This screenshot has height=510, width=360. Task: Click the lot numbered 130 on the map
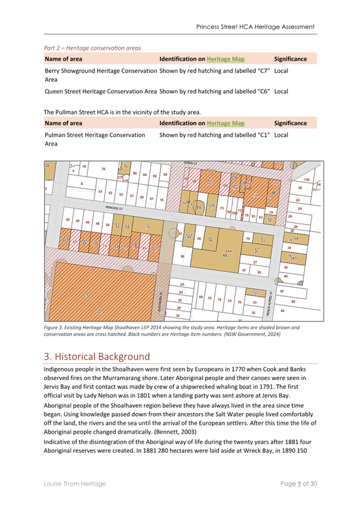pyautogui.click(x=307, y=180)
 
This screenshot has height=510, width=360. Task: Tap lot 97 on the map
pyautogui.click(x=243, y=271)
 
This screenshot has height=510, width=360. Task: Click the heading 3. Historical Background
pyautogui.click(x=105, y=355)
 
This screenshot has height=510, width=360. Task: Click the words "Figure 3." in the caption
pyautogui.click(x=55, y=327)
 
